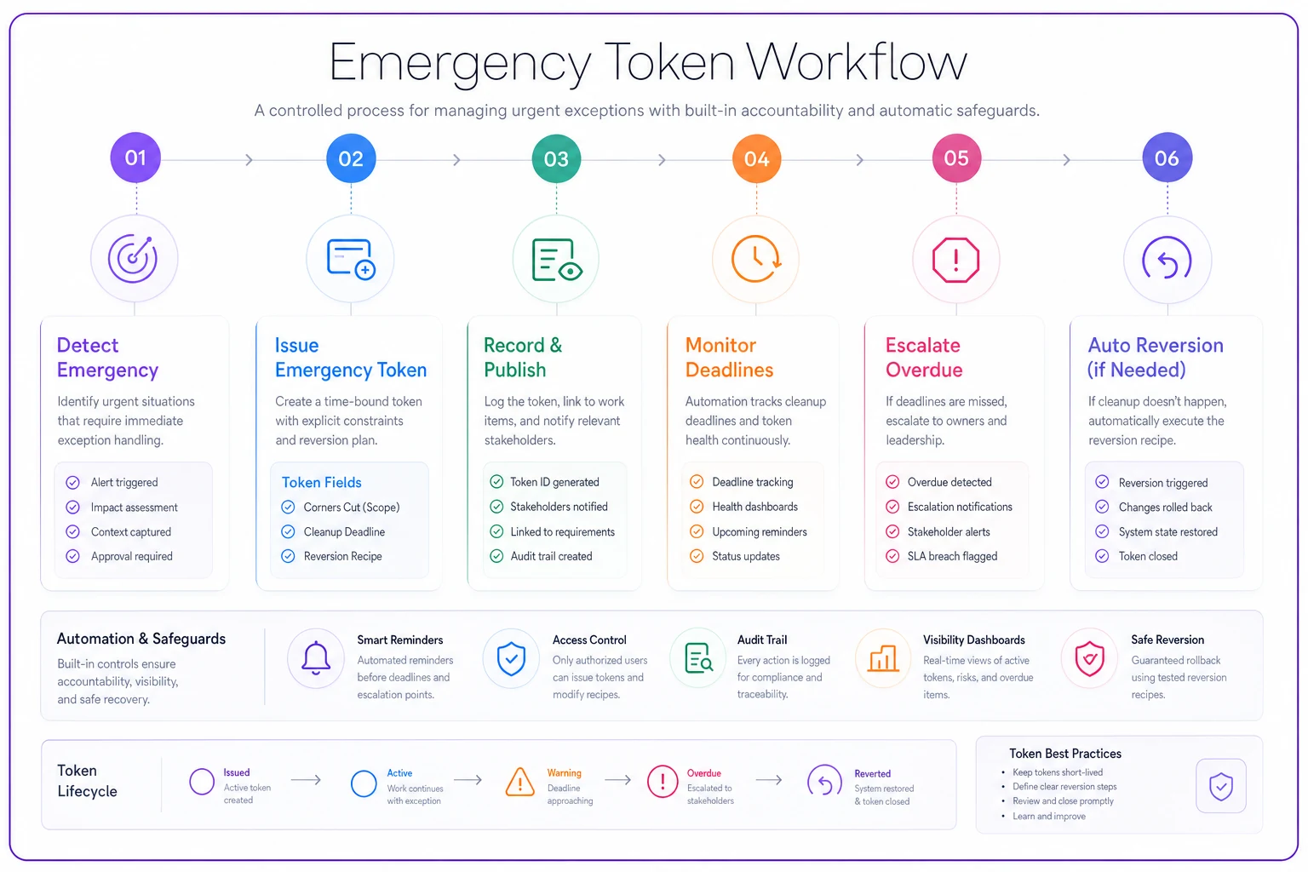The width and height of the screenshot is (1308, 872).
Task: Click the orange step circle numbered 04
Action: pos(756,158)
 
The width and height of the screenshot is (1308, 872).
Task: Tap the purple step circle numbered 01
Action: pos(135,158)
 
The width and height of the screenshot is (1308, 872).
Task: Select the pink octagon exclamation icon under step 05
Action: pos(956,260)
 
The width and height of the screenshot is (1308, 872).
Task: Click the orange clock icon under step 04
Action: pos(756,259)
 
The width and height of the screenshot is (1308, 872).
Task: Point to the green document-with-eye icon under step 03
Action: pos(556,260)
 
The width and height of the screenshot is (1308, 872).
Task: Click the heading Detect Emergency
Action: pos(107,358)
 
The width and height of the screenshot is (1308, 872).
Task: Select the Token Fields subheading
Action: pos(322,483)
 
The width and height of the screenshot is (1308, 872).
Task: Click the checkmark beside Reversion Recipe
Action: pos(288,556)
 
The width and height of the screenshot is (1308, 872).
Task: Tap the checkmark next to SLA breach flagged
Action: pos(892,556)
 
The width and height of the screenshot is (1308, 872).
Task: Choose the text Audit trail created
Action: pos(551,556)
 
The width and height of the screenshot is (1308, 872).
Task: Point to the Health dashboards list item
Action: pos(754,507)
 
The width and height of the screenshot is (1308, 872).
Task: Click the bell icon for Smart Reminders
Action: pos(316,657)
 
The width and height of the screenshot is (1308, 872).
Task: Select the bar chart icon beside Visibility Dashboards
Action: pos(883,659)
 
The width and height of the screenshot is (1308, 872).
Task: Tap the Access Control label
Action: pos(589,640)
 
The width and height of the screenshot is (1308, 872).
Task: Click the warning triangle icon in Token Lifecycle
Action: pos(519,782)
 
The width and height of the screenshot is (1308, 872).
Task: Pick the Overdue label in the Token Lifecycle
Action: pos(703,772)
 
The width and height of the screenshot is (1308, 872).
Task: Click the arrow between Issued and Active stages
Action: pos(306,780)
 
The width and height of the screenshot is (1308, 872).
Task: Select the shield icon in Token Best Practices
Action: pos(1220,786)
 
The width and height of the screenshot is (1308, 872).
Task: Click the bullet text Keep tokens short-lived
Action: pos(1058,772)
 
